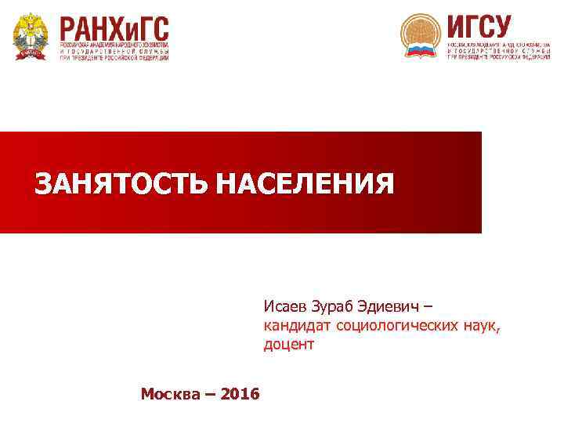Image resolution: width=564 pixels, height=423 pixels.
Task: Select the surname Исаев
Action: pyautogui.click(x=285, y=305)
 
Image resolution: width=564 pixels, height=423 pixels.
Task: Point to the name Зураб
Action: pyautogui.click(x=337, y=305)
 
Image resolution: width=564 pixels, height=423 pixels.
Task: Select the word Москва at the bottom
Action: pyautogui.click(x=171, y=393)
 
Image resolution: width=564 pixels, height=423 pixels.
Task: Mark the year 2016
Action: pyautogui.click(x=240, y=393)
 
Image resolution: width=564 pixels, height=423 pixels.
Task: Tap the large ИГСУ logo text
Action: pyautogui.click(x=479, y=26)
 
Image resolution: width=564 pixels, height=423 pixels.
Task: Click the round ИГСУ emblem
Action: pyautogui.click(x=421, y=36)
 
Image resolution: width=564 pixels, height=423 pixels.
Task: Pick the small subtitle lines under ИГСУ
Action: pyautogui.click(x=498, y=51)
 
